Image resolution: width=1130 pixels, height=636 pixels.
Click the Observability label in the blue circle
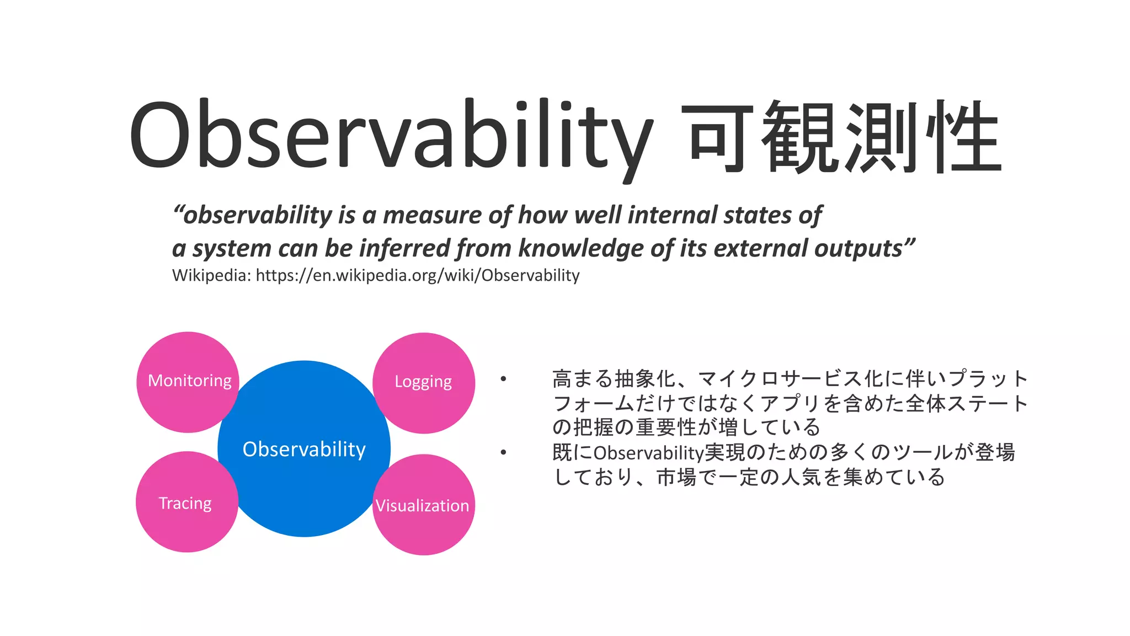point(304,449)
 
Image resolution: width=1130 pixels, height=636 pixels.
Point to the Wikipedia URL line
point(417,275)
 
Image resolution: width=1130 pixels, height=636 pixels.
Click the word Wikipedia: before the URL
point(211,275)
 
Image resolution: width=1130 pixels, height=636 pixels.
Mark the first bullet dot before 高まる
point(503,379)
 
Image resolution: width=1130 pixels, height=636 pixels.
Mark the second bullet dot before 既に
point(503,453)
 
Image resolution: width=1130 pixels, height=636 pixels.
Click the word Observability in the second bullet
point(648,453)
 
